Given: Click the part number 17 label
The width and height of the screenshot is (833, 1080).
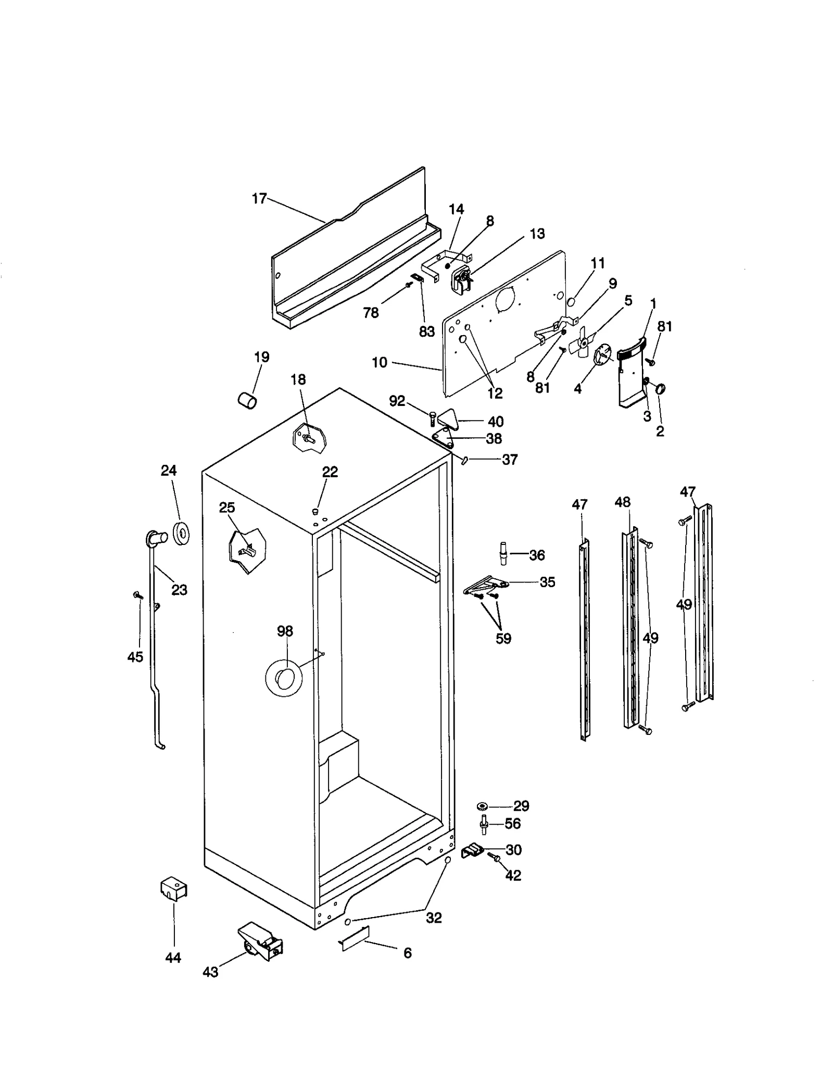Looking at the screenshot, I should click(259, 198).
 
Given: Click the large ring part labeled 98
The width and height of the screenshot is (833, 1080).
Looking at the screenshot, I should click(284, 679).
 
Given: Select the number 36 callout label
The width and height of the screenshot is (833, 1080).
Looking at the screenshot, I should click(537, 555).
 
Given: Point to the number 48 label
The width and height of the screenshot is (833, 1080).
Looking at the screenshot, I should click(622, 502).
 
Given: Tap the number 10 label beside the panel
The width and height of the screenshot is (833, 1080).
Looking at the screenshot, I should click(380, 362).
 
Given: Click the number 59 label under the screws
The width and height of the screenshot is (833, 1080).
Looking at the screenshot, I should click(503, 638).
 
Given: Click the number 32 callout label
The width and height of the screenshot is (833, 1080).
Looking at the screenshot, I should click(434, 918).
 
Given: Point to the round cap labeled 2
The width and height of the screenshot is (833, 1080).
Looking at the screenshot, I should click(661, 389).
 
